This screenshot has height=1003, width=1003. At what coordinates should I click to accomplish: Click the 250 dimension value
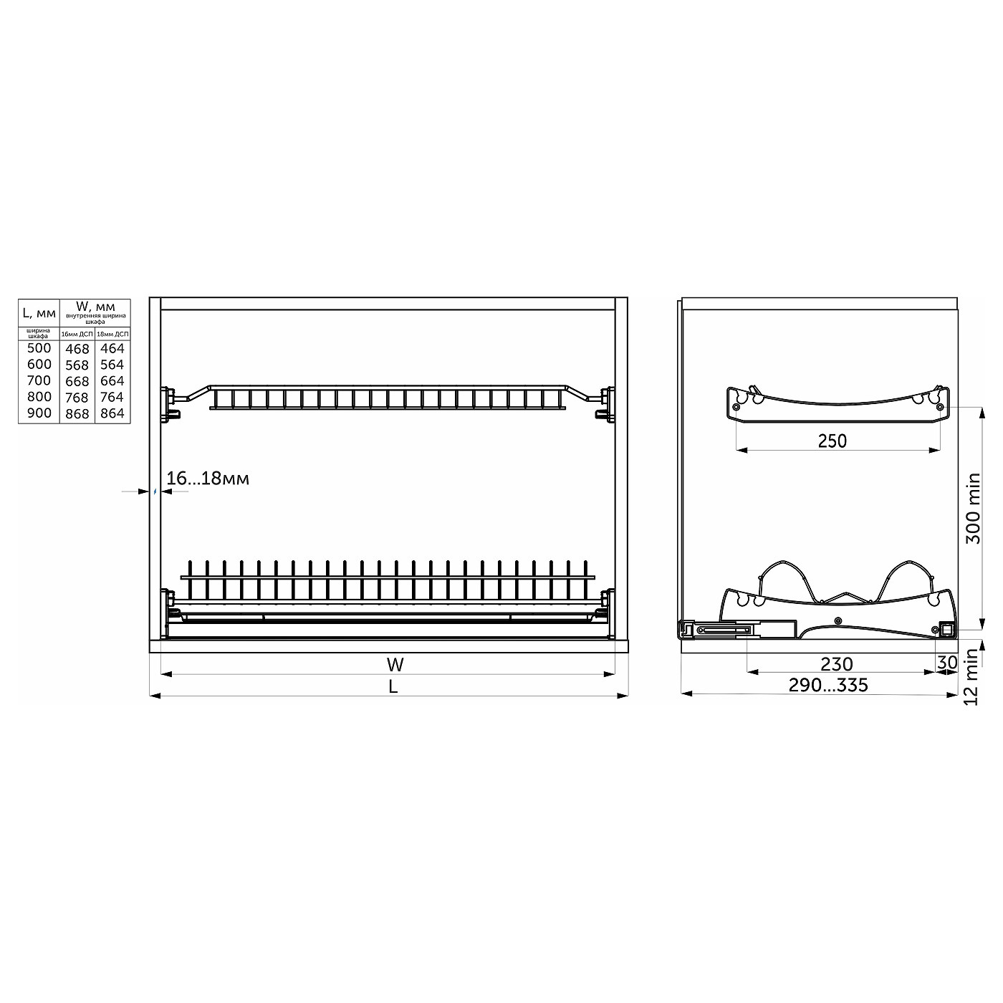[832, 441]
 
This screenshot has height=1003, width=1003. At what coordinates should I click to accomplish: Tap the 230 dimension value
[837, 664]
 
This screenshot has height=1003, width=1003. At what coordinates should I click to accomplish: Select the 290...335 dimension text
[828, 686]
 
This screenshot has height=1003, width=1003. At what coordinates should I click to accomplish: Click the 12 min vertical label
[972, 678]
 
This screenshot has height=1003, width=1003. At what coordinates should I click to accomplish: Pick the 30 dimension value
[946, 663]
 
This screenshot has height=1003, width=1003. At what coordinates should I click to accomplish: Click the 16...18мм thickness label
[208, 479]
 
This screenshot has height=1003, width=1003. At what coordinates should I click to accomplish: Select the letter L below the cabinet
[393, 686]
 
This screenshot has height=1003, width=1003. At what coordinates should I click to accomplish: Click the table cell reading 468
[77, 349]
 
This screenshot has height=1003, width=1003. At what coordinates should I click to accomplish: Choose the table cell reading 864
[112, 413]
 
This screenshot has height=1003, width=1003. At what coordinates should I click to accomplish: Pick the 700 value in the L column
[39, 380]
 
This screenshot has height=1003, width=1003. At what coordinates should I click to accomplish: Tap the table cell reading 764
[112, 397]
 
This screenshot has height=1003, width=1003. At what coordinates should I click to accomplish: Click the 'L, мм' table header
[39, 312]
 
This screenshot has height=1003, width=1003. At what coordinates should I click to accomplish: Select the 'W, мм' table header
[95, 307]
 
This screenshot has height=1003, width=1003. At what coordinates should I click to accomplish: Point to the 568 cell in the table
[77, 365]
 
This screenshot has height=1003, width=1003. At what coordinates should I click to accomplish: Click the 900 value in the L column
[39, 413]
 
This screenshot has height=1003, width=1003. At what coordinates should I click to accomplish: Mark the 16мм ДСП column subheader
[77, 334]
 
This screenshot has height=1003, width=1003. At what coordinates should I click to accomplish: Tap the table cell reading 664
[112, 381]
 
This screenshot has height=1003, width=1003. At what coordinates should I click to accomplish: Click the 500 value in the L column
[39, 348]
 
